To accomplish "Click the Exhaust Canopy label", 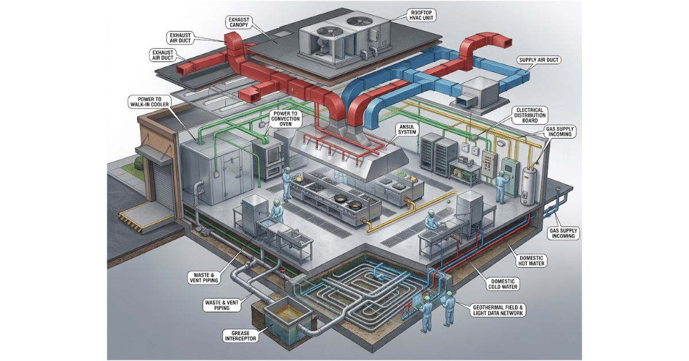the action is click(239, 22).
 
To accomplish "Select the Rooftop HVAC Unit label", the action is click(421, 15).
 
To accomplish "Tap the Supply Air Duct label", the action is click(539, 60).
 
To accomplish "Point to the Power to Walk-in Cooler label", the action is click(149, 102).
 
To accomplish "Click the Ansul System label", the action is click(407, 130).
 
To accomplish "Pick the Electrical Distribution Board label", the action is click(529, 115).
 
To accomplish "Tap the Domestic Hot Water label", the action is click(531, 261).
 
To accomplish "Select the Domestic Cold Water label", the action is click(503, 284).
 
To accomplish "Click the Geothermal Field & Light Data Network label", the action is click(498, 311).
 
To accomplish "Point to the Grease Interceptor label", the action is click(241, 336).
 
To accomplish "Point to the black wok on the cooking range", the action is click(340, 198).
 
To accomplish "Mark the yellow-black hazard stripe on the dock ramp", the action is click(131, 222).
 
